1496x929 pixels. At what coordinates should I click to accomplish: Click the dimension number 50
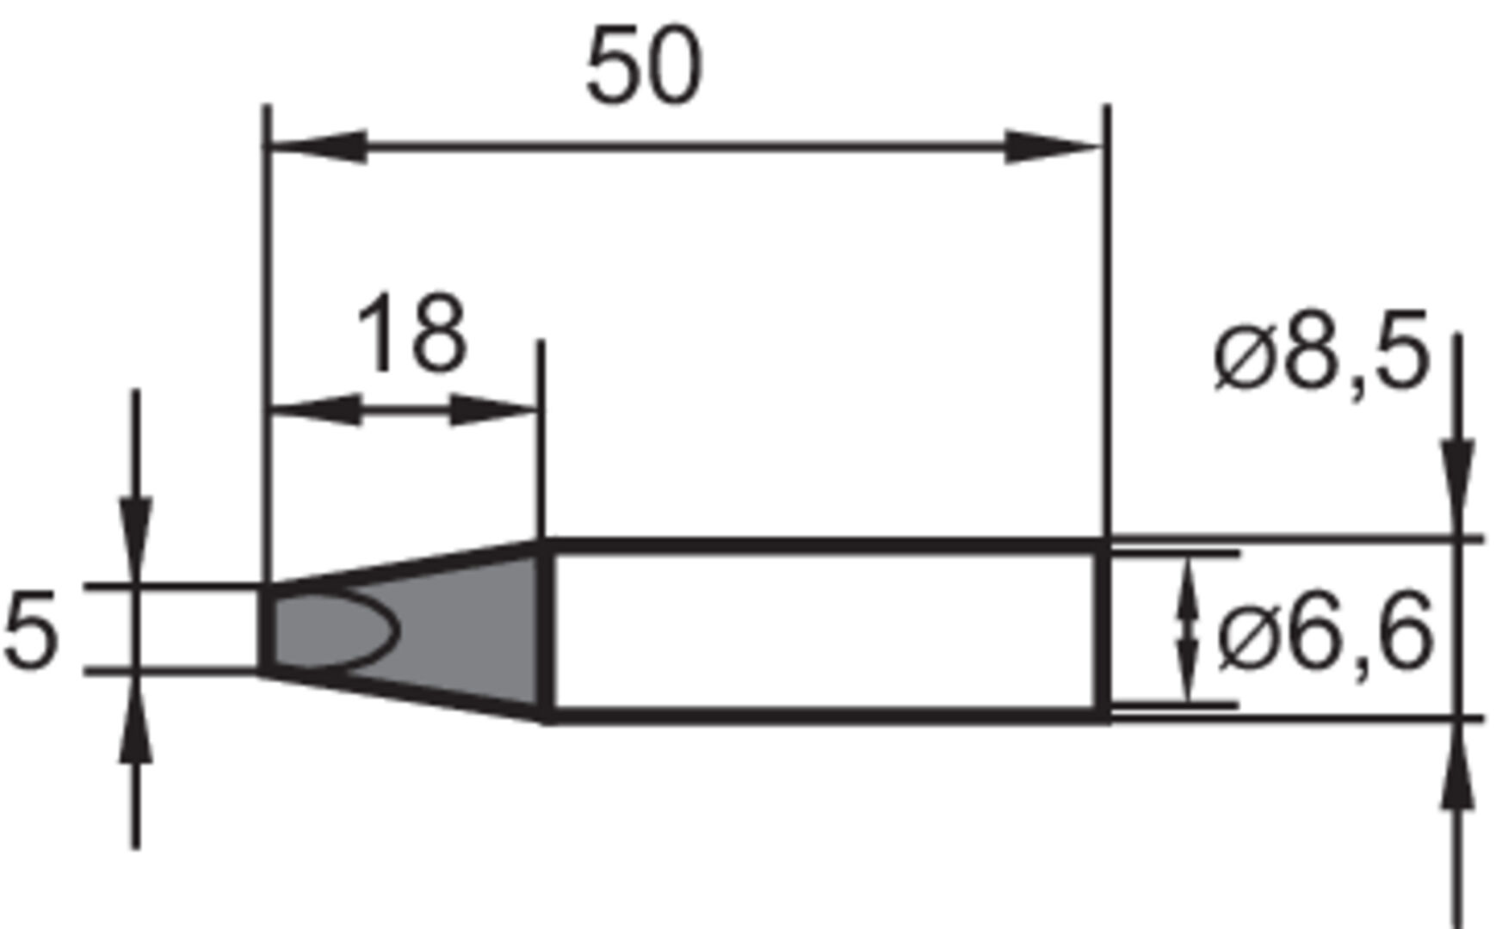(644, 66)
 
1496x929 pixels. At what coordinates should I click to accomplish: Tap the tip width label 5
(31, 630)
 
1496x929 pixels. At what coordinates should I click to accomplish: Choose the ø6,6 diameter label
(1326, 635)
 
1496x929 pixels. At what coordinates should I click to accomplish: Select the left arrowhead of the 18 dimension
(315, 409)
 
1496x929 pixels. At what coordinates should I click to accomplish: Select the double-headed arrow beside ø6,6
(1188, 630)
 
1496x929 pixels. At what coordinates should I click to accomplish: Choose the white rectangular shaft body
(822, 630)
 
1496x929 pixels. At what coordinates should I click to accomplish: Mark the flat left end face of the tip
(266, 628)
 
